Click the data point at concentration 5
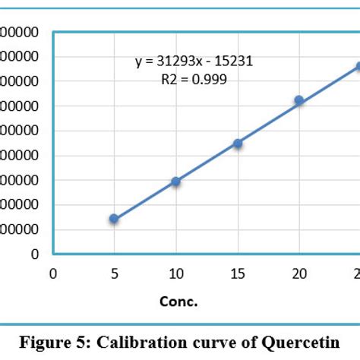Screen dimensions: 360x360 114,219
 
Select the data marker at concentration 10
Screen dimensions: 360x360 175,182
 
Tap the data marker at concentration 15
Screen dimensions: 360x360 238,143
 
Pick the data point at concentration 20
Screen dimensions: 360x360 299,100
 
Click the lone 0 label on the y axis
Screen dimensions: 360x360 35,254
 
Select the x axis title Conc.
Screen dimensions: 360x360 178,302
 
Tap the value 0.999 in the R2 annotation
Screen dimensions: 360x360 210,78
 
